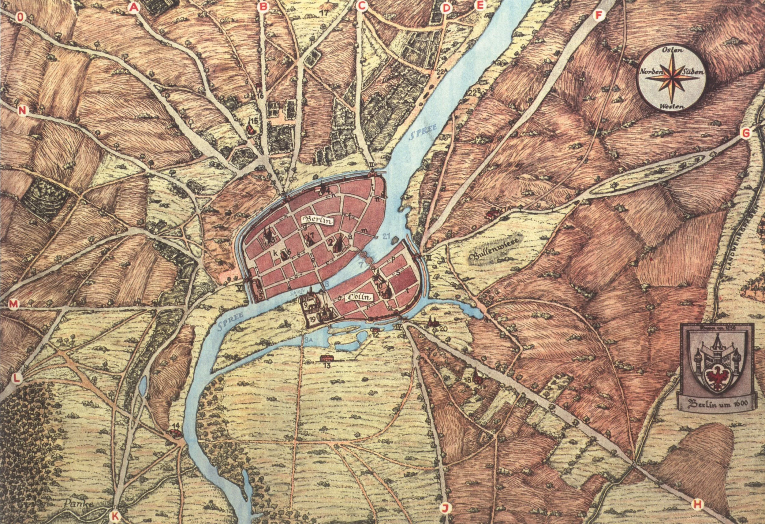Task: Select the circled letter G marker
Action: [x=746, y=133]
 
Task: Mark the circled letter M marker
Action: [x=13, y=304]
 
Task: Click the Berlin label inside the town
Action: [x=318, y=221]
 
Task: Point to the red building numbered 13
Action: [x=326, y=358]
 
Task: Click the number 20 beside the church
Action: [x=443, y=328]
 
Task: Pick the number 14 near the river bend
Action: [x=176, y=426]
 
